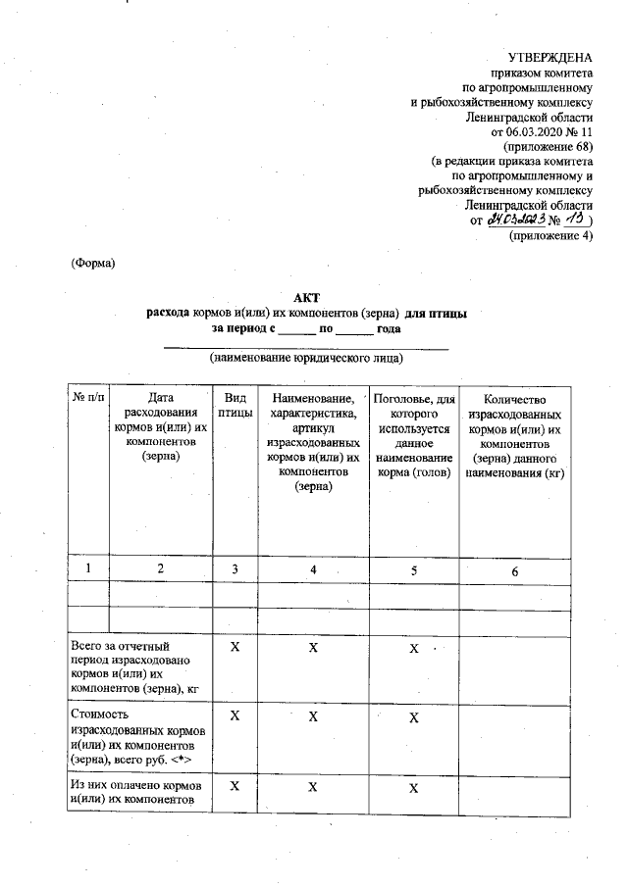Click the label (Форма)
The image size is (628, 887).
(93, 263)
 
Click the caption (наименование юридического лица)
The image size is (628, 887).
(306, 359)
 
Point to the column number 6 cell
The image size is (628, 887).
(514, 569)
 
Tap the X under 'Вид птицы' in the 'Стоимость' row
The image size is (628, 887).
(235, 717)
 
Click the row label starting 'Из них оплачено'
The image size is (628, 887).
(135, 795)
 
